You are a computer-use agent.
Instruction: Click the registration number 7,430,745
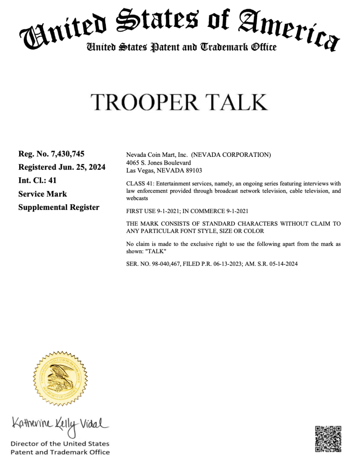pos(68,154)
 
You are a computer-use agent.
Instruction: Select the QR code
pos(328,439)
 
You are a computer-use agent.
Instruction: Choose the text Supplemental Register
pos(59,207)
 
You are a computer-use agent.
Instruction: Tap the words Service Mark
pos(42,194)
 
